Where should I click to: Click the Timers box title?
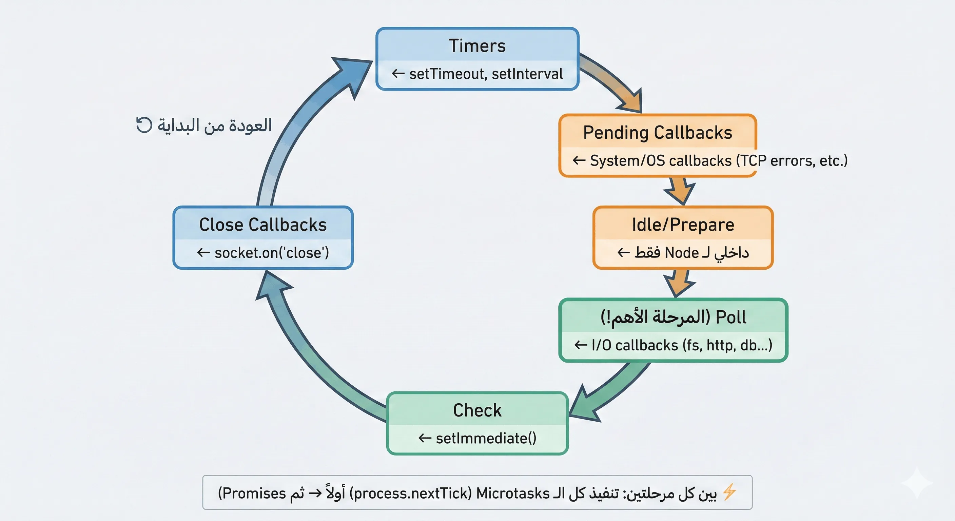pos(477,46)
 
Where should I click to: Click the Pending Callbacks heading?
pos(657,133)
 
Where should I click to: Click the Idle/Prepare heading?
pos(683,225)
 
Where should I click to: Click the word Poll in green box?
pos(731,317)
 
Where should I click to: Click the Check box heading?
pos(477,410)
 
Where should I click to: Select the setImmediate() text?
pos(486,439)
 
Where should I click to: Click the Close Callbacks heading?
pos(263,225)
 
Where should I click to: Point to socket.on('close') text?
pos(271,253)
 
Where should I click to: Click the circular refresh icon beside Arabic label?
pos(144,125)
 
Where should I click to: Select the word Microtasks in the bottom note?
pos(512,494)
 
